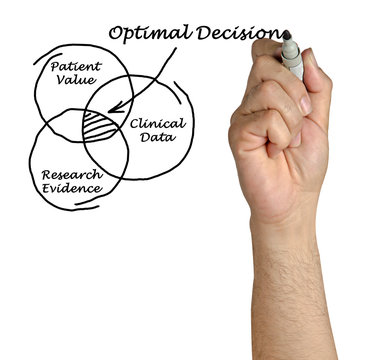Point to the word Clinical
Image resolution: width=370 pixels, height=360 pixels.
tap(157, 124)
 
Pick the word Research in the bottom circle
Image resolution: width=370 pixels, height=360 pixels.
tap(72, 174)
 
